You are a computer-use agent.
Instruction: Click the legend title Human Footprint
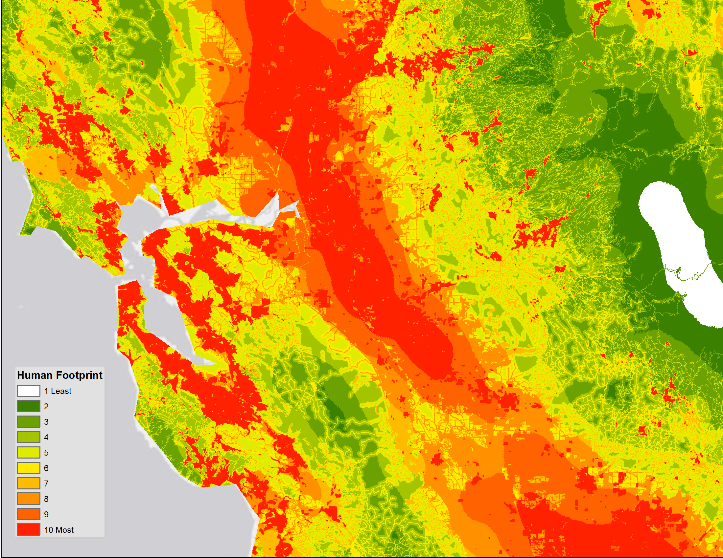(x=59, y=375)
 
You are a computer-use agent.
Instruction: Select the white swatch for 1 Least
(x=29, y=391)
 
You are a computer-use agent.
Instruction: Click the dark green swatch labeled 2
(x=29, y=406)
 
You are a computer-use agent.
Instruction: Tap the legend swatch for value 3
(x=29, y=422)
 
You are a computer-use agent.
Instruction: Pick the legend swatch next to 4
(x=29, y=437)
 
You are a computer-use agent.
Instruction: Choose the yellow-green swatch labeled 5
(x=29, y=453)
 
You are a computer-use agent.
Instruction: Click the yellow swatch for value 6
(x=29, y=468)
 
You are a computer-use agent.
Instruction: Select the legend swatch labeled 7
(x=29, y=483)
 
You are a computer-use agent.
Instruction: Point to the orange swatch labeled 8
(x=29, y=499)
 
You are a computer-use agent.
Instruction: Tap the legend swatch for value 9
(x=29, y=514)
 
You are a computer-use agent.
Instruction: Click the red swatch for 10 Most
(x=29, y=529)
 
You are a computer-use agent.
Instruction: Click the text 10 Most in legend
(x=59, y=530)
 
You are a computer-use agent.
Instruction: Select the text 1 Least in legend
(x=58, y=391)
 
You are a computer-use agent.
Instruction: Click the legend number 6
(x=46, y=468)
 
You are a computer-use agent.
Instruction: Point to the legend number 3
(x=46, y=422)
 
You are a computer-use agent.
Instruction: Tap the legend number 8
(x=46, y=499)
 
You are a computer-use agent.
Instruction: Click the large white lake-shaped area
(x=675, y=245)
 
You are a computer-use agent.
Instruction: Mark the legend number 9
(x=46, y=514)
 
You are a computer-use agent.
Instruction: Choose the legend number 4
(x=46, y=437)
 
